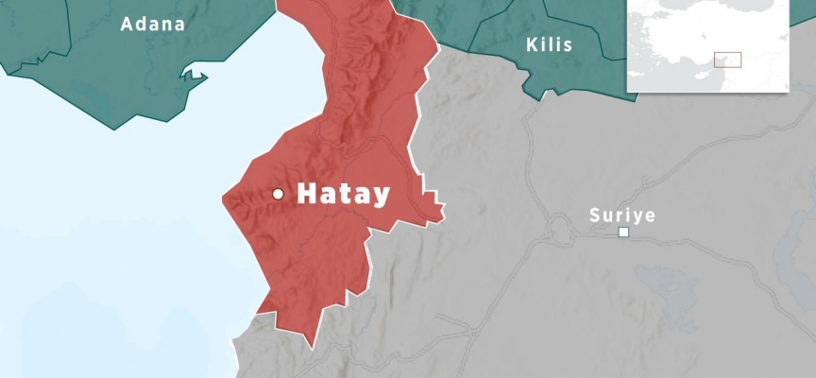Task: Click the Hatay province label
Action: click(x=343, y=194)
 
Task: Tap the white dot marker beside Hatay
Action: click(x=279, y=194)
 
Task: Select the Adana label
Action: click(x=152, y=24)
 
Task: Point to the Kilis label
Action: click(x=549, y=43)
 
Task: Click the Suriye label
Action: click(x=621, y=215)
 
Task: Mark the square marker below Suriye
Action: click(x=623, y=232)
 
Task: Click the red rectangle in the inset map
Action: click(x=727, y=60)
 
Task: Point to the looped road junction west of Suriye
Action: click(x=560, y=228)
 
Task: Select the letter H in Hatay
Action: click(x=308, y=194)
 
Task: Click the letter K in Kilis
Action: click(x=531, y=43)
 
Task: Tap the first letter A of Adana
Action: click(x=127, y=24)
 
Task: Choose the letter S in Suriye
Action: click(x=595, y=215)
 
